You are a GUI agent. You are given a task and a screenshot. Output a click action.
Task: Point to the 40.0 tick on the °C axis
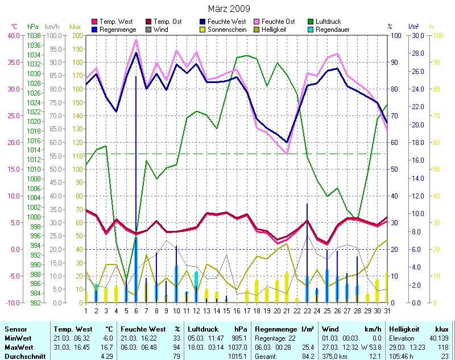pos(12,35)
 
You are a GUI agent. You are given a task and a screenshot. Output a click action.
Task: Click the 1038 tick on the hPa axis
pos(33,35)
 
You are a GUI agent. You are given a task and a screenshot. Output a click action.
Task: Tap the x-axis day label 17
pos(247,310)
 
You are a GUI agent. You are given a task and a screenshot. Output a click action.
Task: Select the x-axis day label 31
pos(387,310)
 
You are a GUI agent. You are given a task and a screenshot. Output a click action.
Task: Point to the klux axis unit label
pos(75,27)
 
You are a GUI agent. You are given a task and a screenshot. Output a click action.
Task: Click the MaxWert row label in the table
pos(18,346)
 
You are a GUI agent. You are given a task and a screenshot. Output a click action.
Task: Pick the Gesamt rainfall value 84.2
pos(307,355)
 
